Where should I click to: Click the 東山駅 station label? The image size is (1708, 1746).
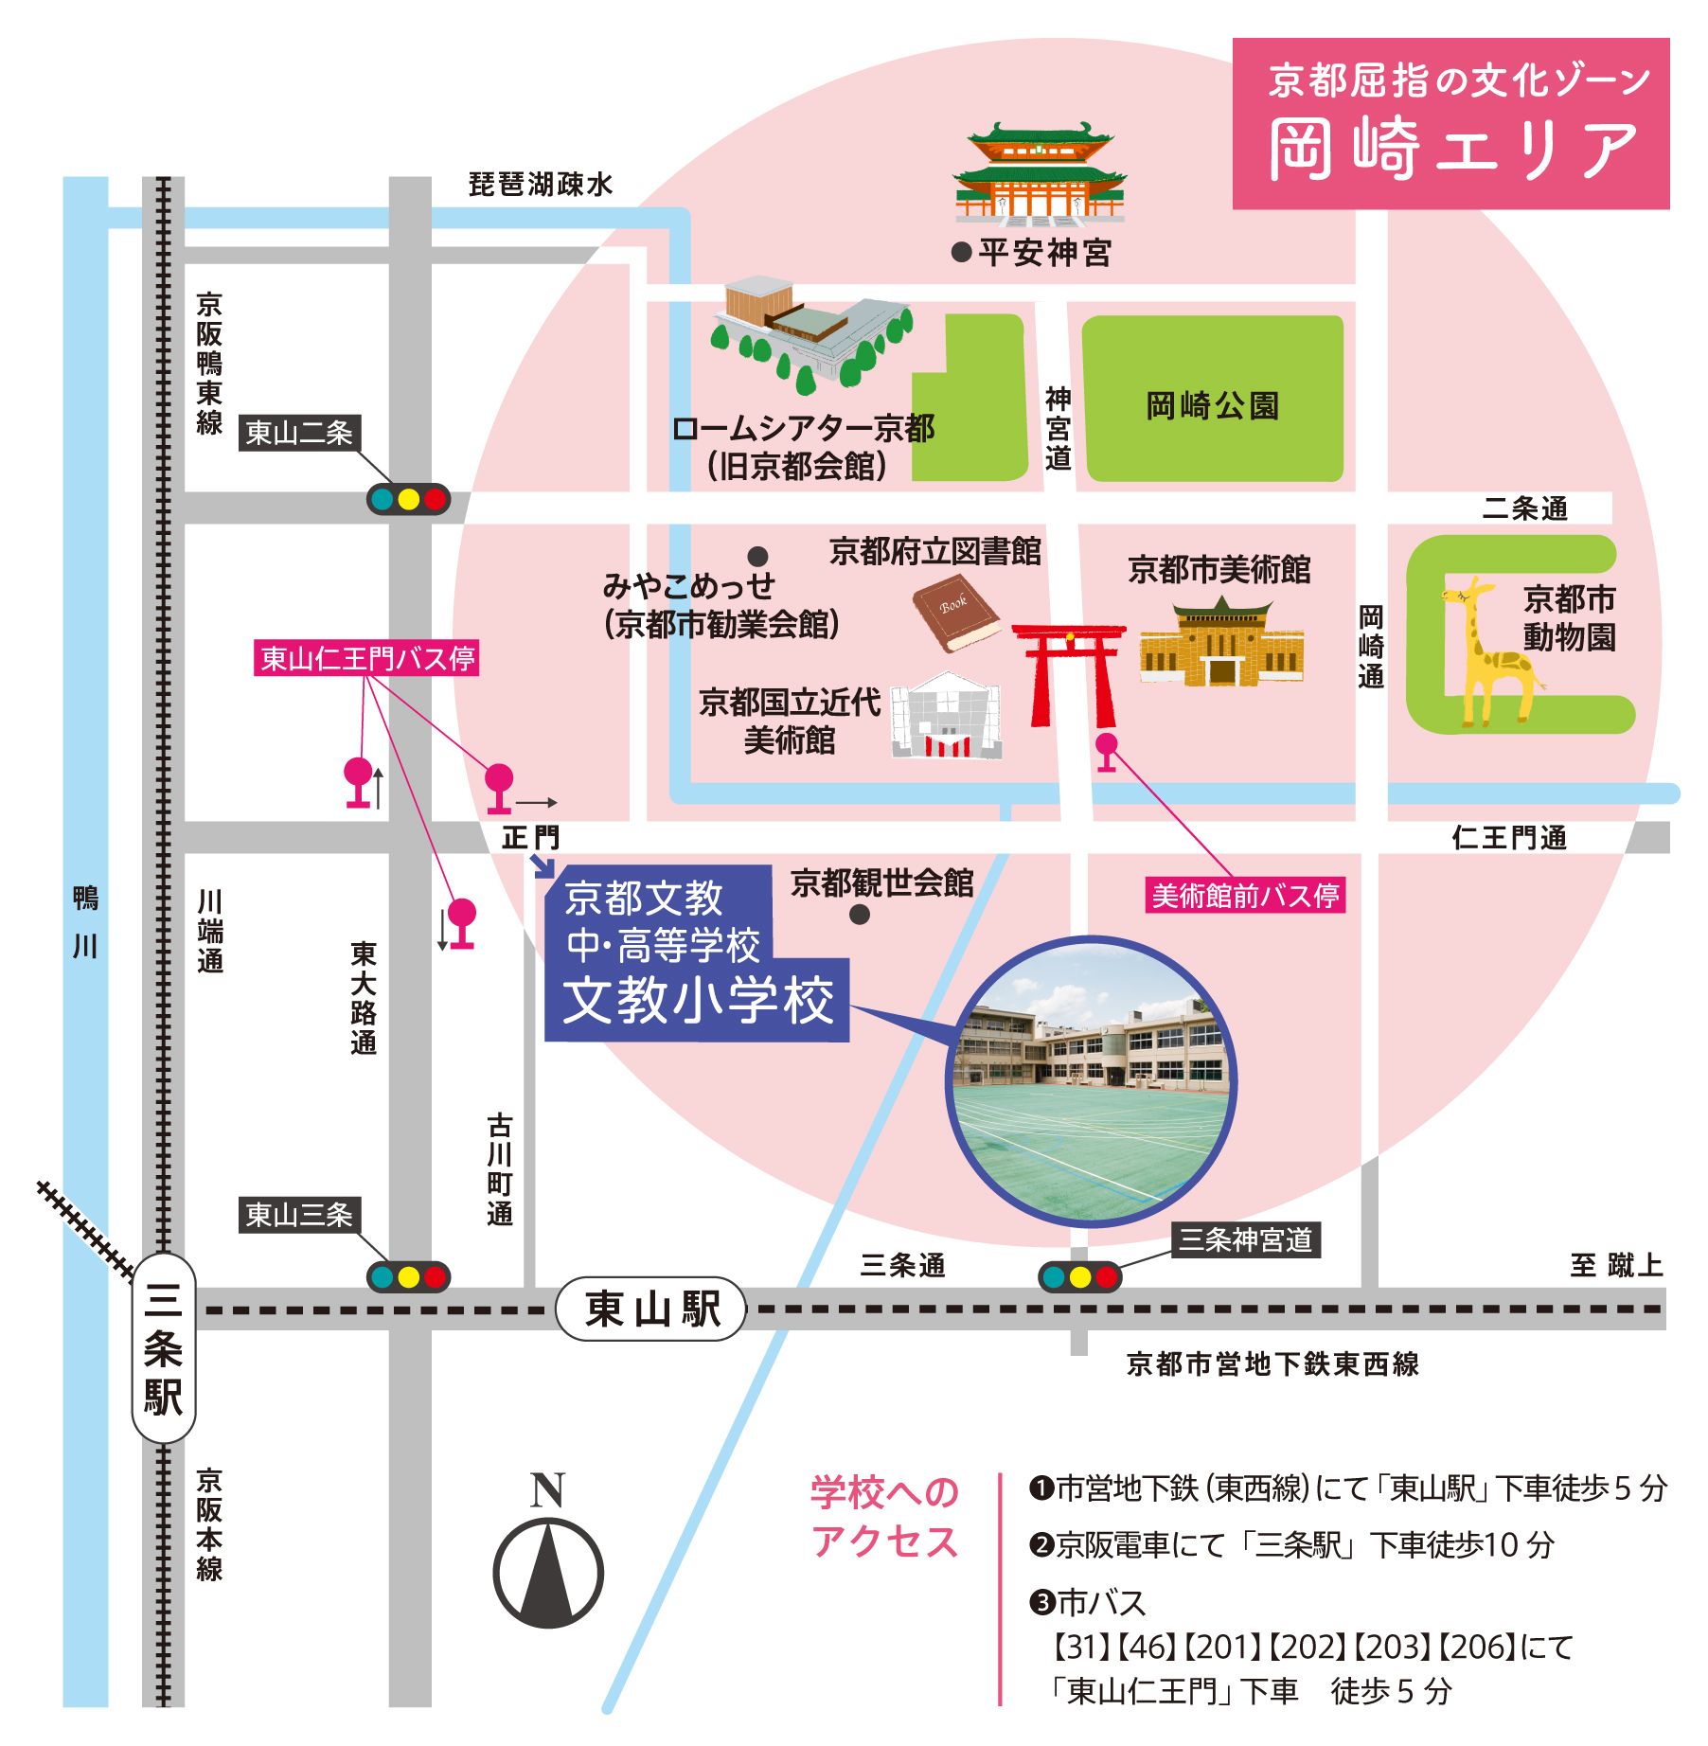click(651, 1309)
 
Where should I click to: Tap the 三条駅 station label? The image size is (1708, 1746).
click(163, 1348)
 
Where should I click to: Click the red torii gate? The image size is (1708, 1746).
click(1070, 672)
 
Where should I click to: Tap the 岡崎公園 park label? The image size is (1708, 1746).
click(1212, 405)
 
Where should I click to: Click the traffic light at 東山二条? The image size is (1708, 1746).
click(408, 499)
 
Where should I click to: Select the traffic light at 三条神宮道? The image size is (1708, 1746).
click(1080, 1277)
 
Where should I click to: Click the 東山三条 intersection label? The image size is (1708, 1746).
click(298, 1215)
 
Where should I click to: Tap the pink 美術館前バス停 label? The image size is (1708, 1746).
click(1245, 895)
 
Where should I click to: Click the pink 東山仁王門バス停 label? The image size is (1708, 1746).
click(366, 658)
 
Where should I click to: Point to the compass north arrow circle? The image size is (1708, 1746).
click(548, 1573)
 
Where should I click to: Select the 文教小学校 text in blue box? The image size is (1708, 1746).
click(698, 1001)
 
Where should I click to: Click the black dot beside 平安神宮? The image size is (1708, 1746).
click(961, 252)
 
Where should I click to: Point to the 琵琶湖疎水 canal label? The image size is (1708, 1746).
click(541, 184)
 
